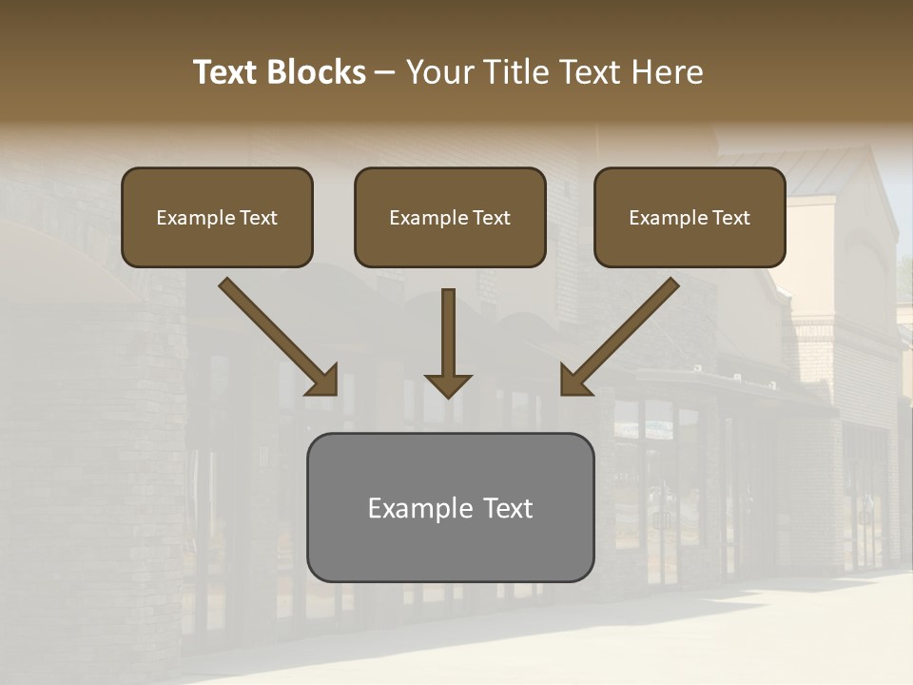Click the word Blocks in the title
tap(318, 72)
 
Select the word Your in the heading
tap(441, 72)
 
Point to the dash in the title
tap(385, 73)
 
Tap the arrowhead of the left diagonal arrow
tap(323, 381)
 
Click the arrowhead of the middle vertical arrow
tap(448, 385)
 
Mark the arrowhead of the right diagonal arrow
tap(574, 381)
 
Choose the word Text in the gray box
tap(507, 508)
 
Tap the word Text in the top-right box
tap(730, 218)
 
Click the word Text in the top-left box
tap(259, 218)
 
